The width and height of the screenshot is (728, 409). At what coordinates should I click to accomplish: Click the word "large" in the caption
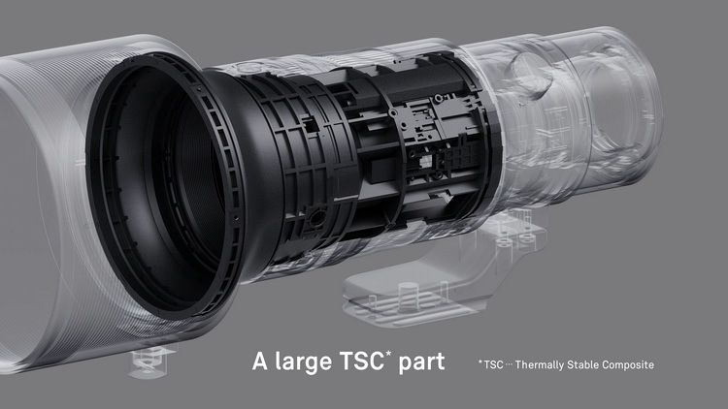(x=303, y=362)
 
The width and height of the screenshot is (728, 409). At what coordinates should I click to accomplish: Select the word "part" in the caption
(x=421, y=362)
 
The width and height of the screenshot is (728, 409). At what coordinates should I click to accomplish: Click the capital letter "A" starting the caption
(x=260, y=361)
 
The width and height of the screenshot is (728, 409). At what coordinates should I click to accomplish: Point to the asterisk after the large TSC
(x=388, y=355)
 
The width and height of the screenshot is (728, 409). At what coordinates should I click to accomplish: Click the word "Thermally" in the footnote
(x=540, y=365)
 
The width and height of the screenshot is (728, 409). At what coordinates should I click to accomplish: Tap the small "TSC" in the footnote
(x=493, y=364)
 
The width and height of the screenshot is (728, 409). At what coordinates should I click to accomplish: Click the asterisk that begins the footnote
(x=480, y=362)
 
